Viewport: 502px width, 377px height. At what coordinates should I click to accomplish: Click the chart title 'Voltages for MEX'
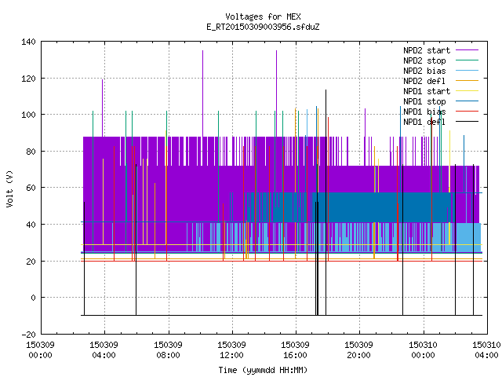pyautogui.click(x=263, y=16)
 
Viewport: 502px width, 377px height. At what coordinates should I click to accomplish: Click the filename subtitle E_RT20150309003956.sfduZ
pyautogui.click(x=263, y=27)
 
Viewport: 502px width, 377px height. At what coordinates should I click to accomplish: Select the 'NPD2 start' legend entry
pyautogui.click(x=441, y=50)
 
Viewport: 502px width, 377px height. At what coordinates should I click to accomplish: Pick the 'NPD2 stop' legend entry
pyautogui.click(x=441, y=60)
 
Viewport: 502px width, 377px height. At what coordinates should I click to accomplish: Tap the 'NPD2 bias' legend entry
pyautogui.click(x=441, y=71)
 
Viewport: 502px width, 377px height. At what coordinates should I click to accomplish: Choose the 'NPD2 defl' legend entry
pyautogui.click(x=441, y=81)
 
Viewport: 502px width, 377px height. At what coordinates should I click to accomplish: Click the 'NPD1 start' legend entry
pyautogui.click(x=441, y=91)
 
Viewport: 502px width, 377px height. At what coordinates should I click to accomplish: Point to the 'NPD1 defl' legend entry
pyautogui.click(x=441, y=122)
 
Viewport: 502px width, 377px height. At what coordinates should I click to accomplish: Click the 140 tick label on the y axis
pyautogui.click(x=28, y=42)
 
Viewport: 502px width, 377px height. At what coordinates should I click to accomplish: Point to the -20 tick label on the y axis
pyautogui.click(x=28, y=335)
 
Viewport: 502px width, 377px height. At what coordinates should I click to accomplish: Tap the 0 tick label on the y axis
pyautogui.click(x=33, y=298)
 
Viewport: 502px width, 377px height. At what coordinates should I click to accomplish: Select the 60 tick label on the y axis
pyautogui.click(x=31, y=188)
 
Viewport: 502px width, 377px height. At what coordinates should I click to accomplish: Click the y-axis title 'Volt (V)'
pyautogui.click(x=9, y=188)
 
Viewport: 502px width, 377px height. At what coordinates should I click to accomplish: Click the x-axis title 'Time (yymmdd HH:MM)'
pyautogui.click(x=263, y=370)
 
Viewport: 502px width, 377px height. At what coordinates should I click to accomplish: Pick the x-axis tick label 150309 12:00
pyautogui.click(x=231, y=350)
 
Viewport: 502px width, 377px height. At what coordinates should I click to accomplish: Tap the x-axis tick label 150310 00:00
pyautogui.click(x=423, y=350)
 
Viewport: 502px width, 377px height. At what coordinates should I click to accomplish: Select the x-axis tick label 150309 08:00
pyautogui.click(x=168, y=350)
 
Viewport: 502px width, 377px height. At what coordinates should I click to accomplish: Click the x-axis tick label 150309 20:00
pyautogui.click(x=359, y=350)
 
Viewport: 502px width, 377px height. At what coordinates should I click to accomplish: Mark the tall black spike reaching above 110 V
pyautogui.click(x=326, y=203)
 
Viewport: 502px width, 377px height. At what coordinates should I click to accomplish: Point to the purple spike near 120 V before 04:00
pyautogui.click(x=103, y=108)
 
